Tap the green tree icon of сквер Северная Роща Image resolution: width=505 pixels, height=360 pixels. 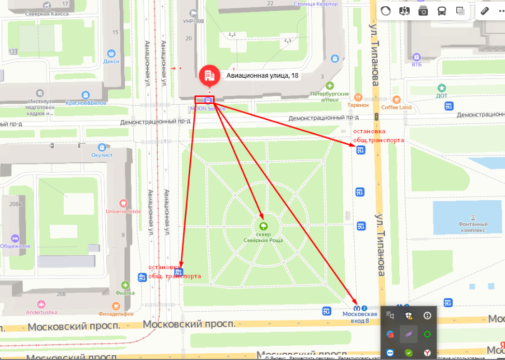click(x=263, y=226)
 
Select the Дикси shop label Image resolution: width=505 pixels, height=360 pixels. click(x=111, y=61)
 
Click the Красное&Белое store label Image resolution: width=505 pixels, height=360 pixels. click(x=87, y=103)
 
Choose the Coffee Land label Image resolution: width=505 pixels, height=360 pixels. click(x=397, y=107)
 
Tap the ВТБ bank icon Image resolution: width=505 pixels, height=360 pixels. click(x=416, y=57)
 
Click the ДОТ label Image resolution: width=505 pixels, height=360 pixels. click(x=442, y=95)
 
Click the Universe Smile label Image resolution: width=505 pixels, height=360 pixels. click(x=123, y=212)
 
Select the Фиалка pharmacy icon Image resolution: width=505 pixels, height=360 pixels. click(x=125, y=285)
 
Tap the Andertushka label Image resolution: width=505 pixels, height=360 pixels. click(x=42, y=312)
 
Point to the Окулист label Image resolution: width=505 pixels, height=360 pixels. click(x=102, y=155)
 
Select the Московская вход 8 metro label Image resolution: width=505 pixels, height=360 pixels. click(x=359, y=317)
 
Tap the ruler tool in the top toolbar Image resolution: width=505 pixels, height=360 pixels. click(x=486, y=11)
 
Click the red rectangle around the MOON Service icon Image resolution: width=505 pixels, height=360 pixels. click(x=204, y=99)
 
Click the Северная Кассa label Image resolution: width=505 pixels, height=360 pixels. click(x=47, y=13)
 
